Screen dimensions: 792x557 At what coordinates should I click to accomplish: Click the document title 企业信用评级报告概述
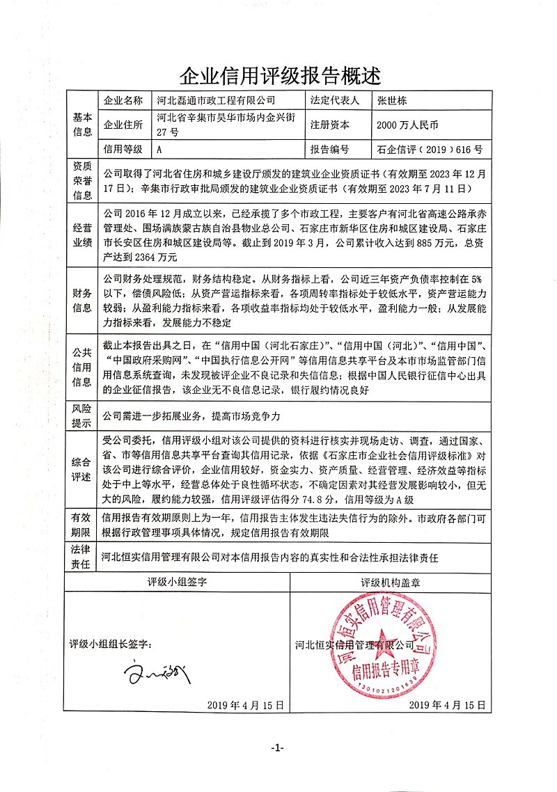pyautogui.click(x=280, y=73)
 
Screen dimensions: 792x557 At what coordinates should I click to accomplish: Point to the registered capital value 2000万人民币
pyautogui.click(x=407, y=125)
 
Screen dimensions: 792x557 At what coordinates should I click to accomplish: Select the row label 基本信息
pyautogui.click(x=82, y=125)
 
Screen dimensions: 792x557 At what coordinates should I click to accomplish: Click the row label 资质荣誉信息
pyautogui.click(x=82, y=180)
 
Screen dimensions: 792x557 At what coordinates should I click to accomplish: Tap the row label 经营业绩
pyautogui.click(x=82, y=235)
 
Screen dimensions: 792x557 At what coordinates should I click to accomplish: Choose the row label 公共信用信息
pyautogui.click(x=82, y=363)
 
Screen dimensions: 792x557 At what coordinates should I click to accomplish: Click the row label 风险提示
pyautogui.click(x=82, y=416)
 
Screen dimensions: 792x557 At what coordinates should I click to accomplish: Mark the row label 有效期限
pyautogui.click(x=82, y=524)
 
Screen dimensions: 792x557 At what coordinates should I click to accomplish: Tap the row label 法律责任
pyautogui.click(x=82, y=557)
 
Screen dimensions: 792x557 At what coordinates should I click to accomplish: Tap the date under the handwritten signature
pyautogui.click(x=245, y=705)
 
